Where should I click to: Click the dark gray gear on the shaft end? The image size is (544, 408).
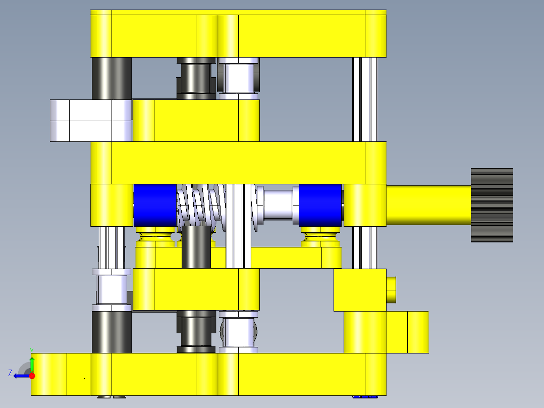click(x=492, y=205)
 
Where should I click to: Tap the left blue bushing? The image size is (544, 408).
click(x=155, y=205)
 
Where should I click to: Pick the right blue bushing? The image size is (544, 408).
click(x=320, y=205)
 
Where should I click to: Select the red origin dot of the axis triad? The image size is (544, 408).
click(x=32, y=376)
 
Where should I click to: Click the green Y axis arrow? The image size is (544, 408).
click(x=32, y=363)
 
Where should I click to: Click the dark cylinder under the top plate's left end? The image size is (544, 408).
click(x=112, y=78)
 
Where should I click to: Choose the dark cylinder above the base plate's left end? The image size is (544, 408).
click(x=112, y=332)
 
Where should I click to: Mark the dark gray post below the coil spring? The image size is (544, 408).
click(x=196, y=247)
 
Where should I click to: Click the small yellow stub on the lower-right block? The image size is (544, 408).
click(x=391, y=290)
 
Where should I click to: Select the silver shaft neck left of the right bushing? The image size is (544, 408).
click(x=278, y=205)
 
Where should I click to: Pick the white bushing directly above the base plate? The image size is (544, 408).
click(x=239, y=331)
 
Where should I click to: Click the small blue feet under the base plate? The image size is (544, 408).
click(x=365, y=397)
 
